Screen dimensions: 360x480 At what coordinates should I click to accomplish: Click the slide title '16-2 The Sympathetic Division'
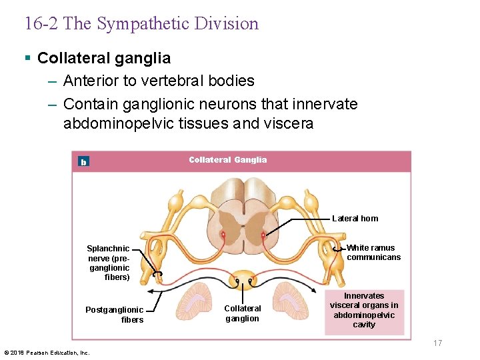point(141,24)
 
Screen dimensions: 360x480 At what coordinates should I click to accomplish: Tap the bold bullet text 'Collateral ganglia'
point(104,58)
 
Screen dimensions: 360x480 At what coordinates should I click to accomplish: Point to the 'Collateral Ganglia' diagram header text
point(227,160)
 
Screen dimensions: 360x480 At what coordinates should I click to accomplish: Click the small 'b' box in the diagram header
point(83,161)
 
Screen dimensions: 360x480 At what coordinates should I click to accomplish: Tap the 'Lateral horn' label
point(355,218)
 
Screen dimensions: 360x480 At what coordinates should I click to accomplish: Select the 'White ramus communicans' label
point(373,252)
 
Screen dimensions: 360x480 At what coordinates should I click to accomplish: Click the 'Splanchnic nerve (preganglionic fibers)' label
point(108,263)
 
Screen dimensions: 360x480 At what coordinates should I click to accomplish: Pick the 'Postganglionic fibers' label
point(114,315)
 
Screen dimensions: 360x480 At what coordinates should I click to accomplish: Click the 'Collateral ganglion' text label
point(243,313)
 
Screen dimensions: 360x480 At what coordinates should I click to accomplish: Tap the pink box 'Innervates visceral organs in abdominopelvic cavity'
point(364,310)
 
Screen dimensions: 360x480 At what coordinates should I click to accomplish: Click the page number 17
point(437,343)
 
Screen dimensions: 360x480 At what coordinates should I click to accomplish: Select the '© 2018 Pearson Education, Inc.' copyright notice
point(47,353)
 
